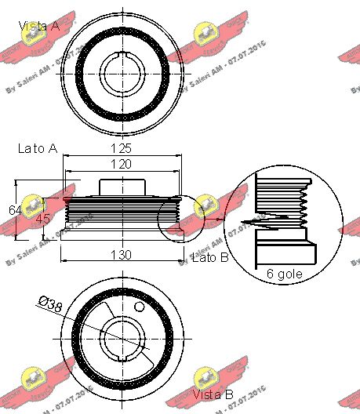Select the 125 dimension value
(121, 147)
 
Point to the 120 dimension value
(121, 164)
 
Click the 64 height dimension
(15, 209)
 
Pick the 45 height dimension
(42, 219)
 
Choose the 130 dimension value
(121, 255)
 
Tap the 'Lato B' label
(210, 258)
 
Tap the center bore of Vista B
(122, 340)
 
